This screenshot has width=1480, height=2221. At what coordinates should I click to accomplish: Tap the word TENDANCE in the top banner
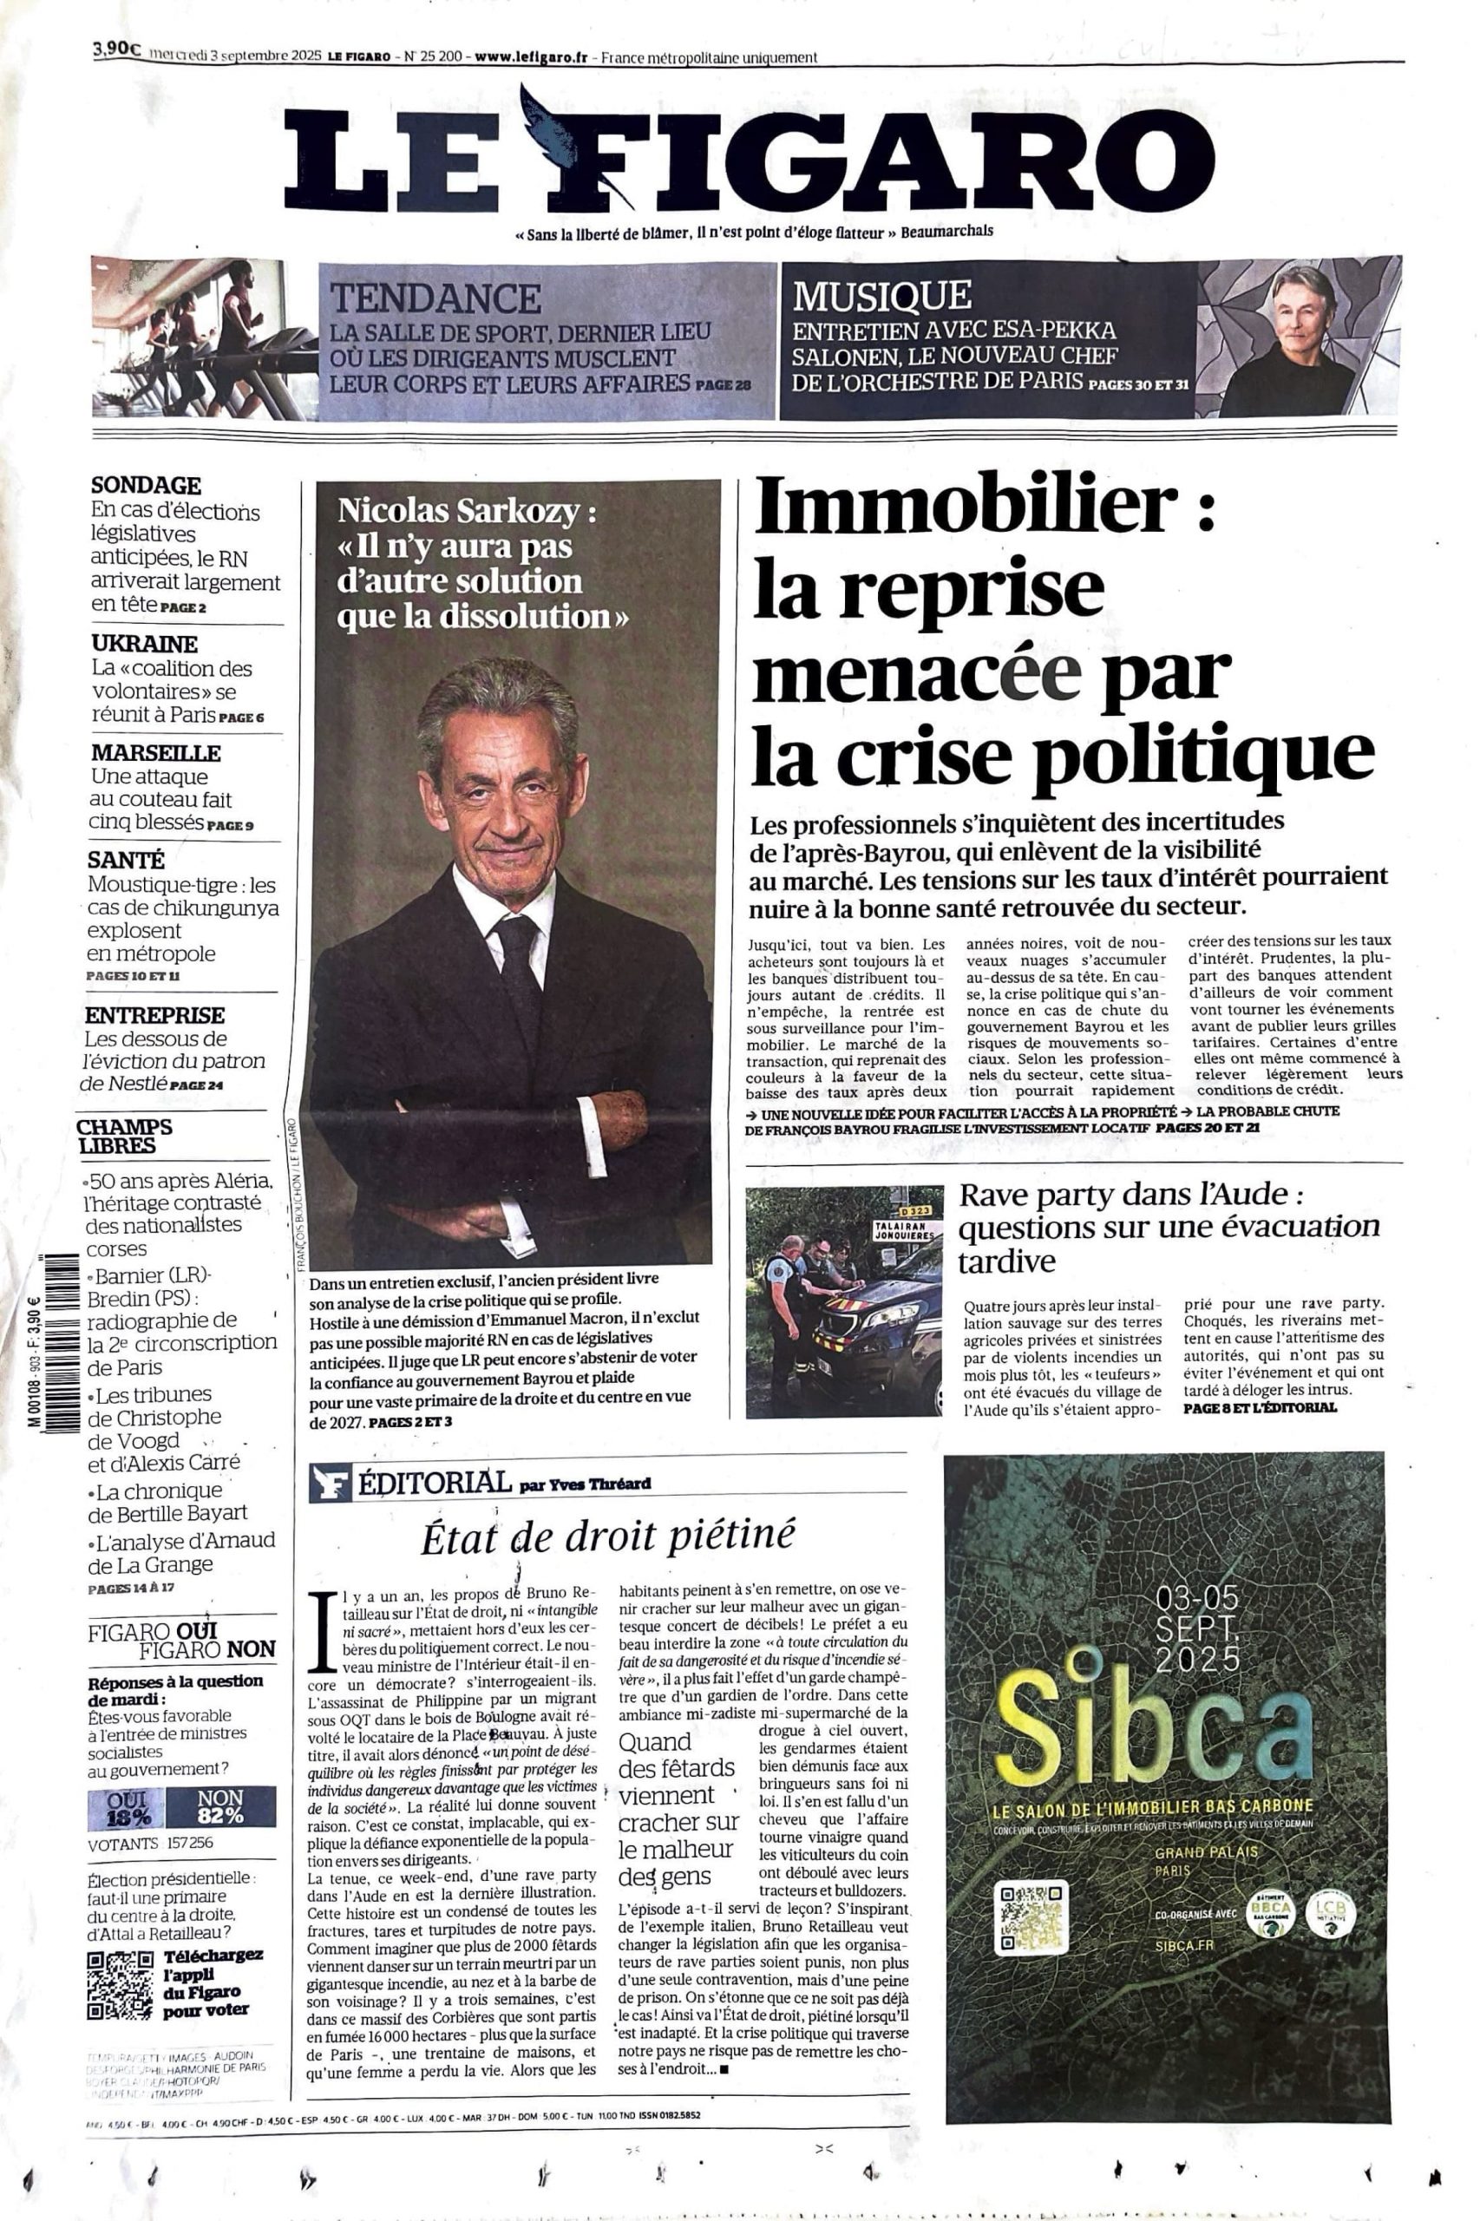[x=435, y=299]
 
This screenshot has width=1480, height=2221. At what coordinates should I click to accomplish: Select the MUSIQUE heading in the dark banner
[x=881, y=296]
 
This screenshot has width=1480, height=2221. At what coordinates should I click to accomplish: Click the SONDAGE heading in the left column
[x=146, y=485]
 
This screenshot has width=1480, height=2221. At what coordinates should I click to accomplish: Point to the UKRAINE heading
[x=144, y=644]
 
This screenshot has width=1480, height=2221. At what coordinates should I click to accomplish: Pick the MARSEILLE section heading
[x=156, y=752]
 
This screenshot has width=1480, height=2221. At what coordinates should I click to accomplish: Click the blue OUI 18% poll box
[x=126, y=1806]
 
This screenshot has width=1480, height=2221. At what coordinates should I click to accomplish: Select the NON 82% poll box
[x=221, y=1806]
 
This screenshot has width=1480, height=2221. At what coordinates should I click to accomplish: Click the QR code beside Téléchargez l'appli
[x=119, y=1985]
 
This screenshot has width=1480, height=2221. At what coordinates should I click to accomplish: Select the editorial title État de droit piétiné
[x=608, y=1536]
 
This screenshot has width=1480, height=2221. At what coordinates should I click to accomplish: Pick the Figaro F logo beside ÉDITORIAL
[x=330, y=1484]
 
